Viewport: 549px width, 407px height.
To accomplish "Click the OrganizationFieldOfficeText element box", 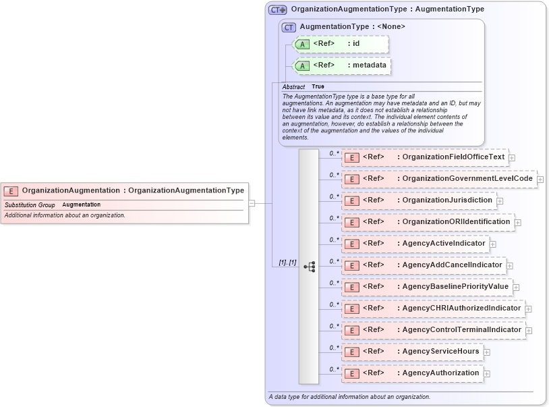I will click(424, 157).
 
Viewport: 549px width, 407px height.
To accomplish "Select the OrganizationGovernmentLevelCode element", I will click(438, 179).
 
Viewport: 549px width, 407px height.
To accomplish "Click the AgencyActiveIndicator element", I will click(415, 244).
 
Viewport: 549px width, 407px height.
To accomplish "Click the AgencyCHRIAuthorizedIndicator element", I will click(432, 308).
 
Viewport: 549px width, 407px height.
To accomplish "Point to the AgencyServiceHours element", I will click(412, 352).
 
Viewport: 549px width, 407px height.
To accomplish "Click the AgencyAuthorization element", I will click(412, 373).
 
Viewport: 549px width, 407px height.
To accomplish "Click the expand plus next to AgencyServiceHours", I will click(487, 352).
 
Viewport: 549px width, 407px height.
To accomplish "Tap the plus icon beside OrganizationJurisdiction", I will click(500, 201).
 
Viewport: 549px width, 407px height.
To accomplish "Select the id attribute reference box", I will click(341, 44).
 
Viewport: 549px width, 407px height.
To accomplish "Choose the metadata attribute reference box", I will click(342, 65).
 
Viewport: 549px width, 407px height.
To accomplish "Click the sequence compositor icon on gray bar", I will click(309, 267).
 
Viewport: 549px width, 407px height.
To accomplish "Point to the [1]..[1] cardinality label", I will click(288, 262).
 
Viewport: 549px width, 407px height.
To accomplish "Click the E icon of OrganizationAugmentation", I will click(11, 191).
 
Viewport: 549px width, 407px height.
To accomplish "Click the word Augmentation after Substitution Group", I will click(81, 205).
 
